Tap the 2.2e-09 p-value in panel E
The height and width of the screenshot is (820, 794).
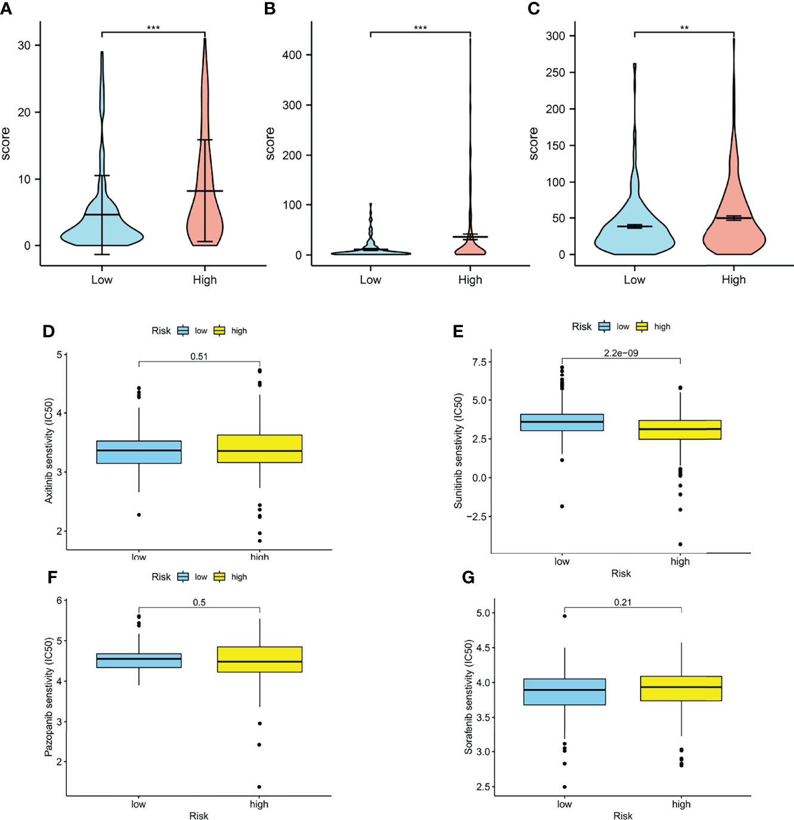pos(621,353)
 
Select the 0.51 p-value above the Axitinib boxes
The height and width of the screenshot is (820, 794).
pos(199,356)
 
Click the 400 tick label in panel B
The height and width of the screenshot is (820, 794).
pos(292,55)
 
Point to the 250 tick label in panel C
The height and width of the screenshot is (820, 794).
pos(555,72)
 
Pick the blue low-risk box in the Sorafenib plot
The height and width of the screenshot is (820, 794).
pos(564,692)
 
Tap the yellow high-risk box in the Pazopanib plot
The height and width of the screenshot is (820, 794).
pos(259,659)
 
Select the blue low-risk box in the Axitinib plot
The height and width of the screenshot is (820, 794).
pos(139,452)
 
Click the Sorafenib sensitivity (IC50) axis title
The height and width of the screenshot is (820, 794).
pos(469,697)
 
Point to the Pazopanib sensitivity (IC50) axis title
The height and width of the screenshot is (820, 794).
pos(49,697)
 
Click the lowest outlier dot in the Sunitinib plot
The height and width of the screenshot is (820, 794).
pos(680,544)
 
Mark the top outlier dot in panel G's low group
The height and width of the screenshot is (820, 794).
pos(564,616)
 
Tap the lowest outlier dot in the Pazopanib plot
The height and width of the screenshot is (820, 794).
pos(259,787)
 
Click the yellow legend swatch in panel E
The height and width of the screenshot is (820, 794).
pos(642,326)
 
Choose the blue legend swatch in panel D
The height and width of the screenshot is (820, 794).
pos(183,331)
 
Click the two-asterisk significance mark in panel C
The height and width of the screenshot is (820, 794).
pos(684,28)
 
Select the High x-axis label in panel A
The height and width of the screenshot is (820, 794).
pos(205,279)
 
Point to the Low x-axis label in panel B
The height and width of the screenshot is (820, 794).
pos(370,279)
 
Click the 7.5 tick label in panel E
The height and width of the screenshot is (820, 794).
pos(479,362)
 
